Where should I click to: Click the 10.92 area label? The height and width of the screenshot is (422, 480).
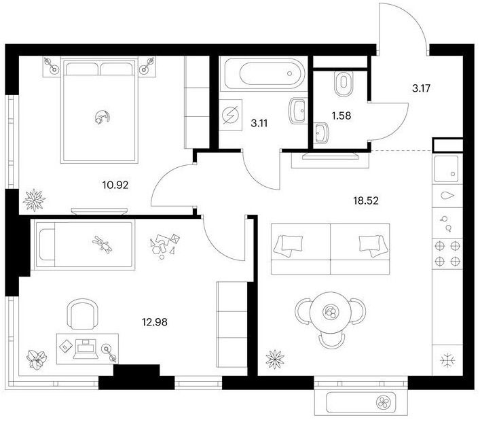(x=115, y=185)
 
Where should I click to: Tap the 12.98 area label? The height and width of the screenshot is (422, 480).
(x=155, y=322)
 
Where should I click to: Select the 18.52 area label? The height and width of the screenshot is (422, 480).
(x=366, y=200)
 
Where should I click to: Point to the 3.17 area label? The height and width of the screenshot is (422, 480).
(x=421, y=88)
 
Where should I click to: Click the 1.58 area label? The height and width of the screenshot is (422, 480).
(x=341, y=116)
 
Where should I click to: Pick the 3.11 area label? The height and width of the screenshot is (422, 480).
(x=259, y=124)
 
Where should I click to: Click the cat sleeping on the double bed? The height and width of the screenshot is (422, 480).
(x=103, y=117)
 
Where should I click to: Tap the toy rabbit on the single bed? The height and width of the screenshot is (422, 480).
(x=103, y=244)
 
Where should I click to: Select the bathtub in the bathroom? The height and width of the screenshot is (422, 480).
(x=265, y=73)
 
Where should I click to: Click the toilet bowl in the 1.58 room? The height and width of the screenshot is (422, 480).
(x=344, y=84)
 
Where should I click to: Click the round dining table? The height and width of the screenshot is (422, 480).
(x=331, y=312)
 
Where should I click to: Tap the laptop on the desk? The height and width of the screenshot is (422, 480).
(x=86, y=349)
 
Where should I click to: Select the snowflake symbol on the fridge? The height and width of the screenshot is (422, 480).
(x=447, y=360)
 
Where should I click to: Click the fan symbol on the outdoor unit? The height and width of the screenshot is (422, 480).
(x=384, y=402)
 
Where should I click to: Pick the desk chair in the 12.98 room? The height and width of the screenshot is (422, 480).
(x=83, y=314)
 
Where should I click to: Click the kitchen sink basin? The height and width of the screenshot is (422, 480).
(x=447, y=169)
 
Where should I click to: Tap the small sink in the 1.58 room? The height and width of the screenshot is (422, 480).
(x=321, y=133)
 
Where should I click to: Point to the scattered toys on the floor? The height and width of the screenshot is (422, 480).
(x=164, y=247)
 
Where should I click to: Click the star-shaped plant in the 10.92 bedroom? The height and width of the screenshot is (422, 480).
(x=34, y=200)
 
